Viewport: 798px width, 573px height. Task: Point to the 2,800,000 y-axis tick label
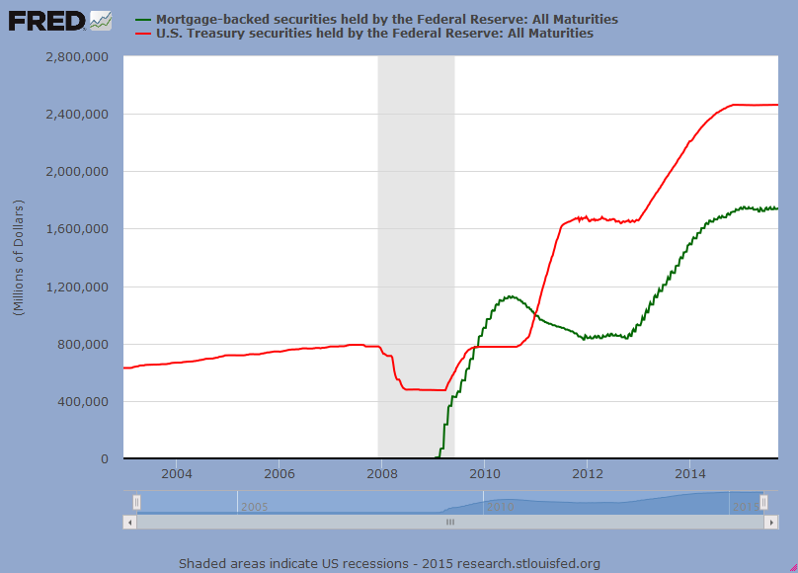point(77,57)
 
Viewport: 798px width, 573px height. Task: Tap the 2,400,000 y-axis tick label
point(77,115)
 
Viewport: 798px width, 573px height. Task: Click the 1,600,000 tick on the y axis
point(77,229)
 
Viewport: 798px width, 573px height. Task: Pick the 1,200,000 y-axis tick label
point(77,287)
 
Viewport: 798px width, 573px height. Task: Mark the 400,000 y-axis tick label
point(83,402)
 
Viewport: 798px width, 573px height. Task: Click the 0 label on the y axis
point(104,459)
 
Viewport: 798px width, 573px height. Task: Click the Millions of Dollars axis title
point(19,257)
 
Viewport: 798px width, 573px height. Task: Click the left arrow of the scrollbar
point(129,522)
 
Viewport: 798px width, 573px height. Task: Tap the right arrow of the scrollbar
point(770,522)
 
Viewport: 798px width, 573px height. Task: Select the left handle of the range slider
point(137,502)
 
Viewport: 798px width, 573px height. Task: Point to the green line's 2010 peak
point(510,295)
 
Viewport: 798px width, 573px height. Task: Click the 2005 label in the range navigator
point(254,507)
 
